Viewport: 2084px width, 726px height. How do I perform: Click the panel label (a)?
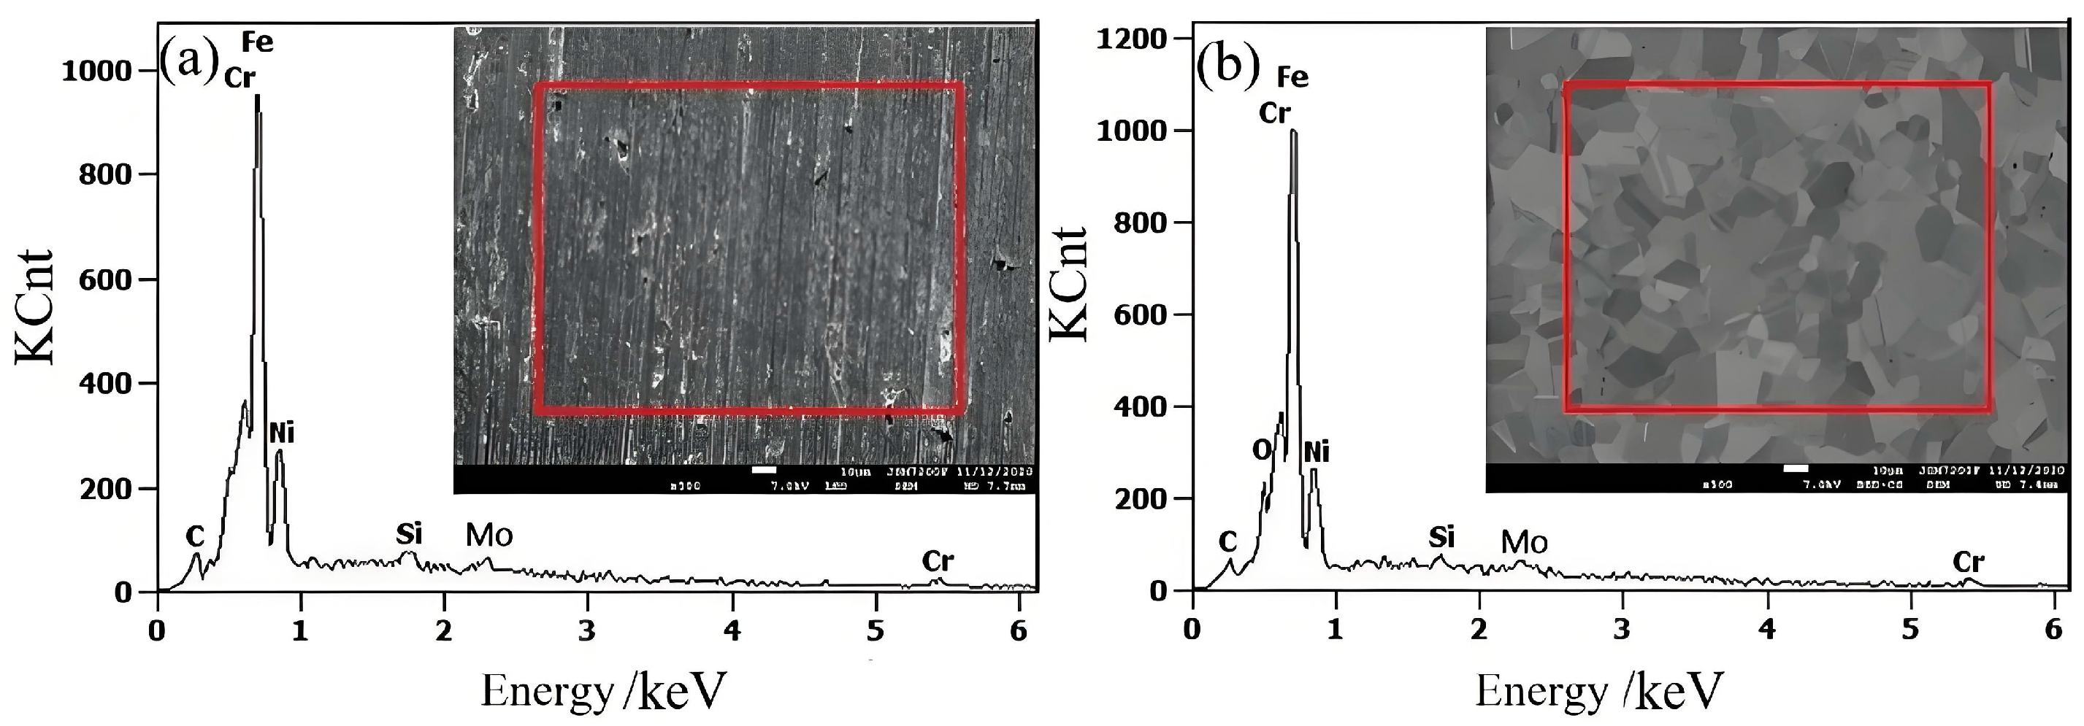pos(189,61)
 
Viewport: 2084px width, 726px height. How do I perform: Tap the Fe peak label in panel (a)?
pos(257,42)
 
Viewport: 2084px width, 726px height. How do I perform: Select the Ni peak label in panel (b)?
pos(1317,452)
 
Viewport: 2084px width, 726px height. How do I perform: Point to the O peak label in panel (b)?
pos(1262,450)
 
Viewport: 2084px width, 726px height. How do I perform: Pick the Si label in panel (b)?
pos(1441,537)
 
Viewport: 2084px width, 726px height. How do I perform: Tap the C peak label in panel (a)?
pos(195,536)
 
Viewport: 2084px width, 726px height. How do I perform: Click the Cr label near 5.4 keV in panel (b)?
pos(1969,562)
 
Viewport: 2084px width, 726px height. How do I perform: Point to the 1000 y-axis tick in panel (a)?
pos(96,72)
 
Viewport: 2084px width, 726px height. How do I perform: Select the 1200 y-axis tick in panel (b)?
pos(1132,38)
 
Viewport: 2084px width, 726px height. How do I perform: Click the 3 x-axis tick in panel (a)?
pos(587,630)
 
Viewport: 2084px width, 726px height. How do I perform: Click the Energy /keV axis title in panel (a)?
pos(602,691)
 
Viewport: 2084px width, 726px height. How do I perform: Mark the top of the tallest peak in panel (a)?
pos(257,96)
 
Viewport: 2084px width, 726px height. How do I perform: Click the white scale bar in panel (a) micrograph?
pos(764,470)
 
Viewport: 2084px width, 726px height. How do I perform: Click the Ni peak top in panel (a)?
pos(279,451)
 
